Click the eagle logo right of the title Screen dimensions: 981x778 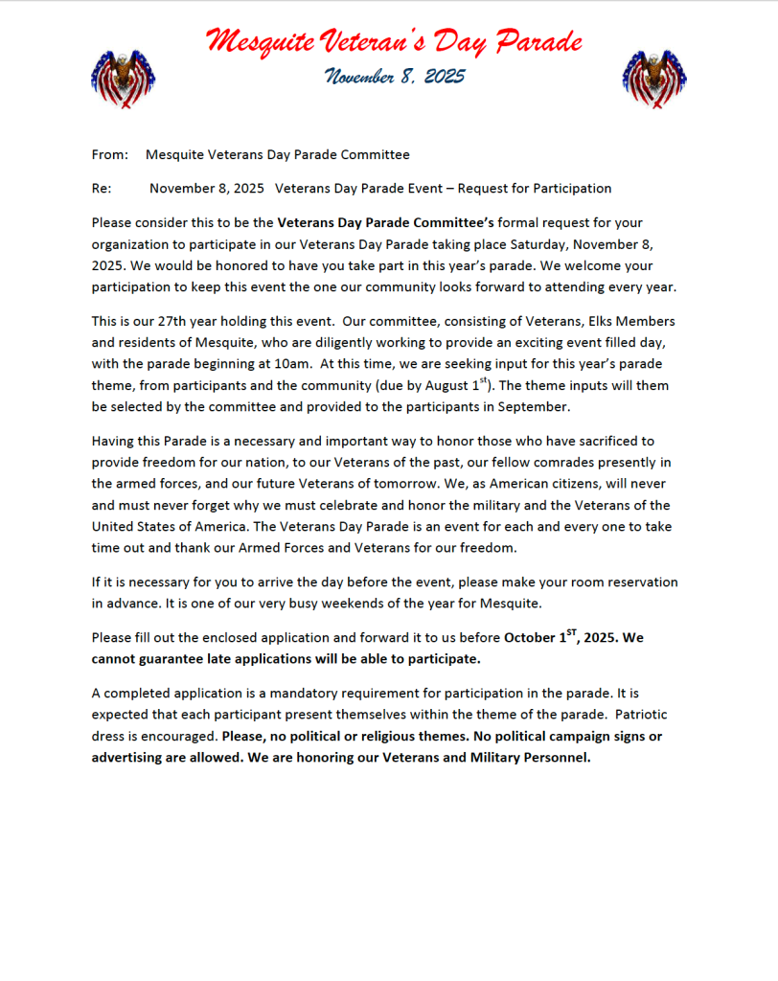[x=654, y=78]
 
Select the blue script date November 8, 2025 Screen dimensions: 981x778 [x=394, y=77]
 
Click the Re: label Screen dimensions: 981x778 [x=102, y=189]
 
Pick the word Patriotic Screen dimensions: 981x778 [x=641, y=716]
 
